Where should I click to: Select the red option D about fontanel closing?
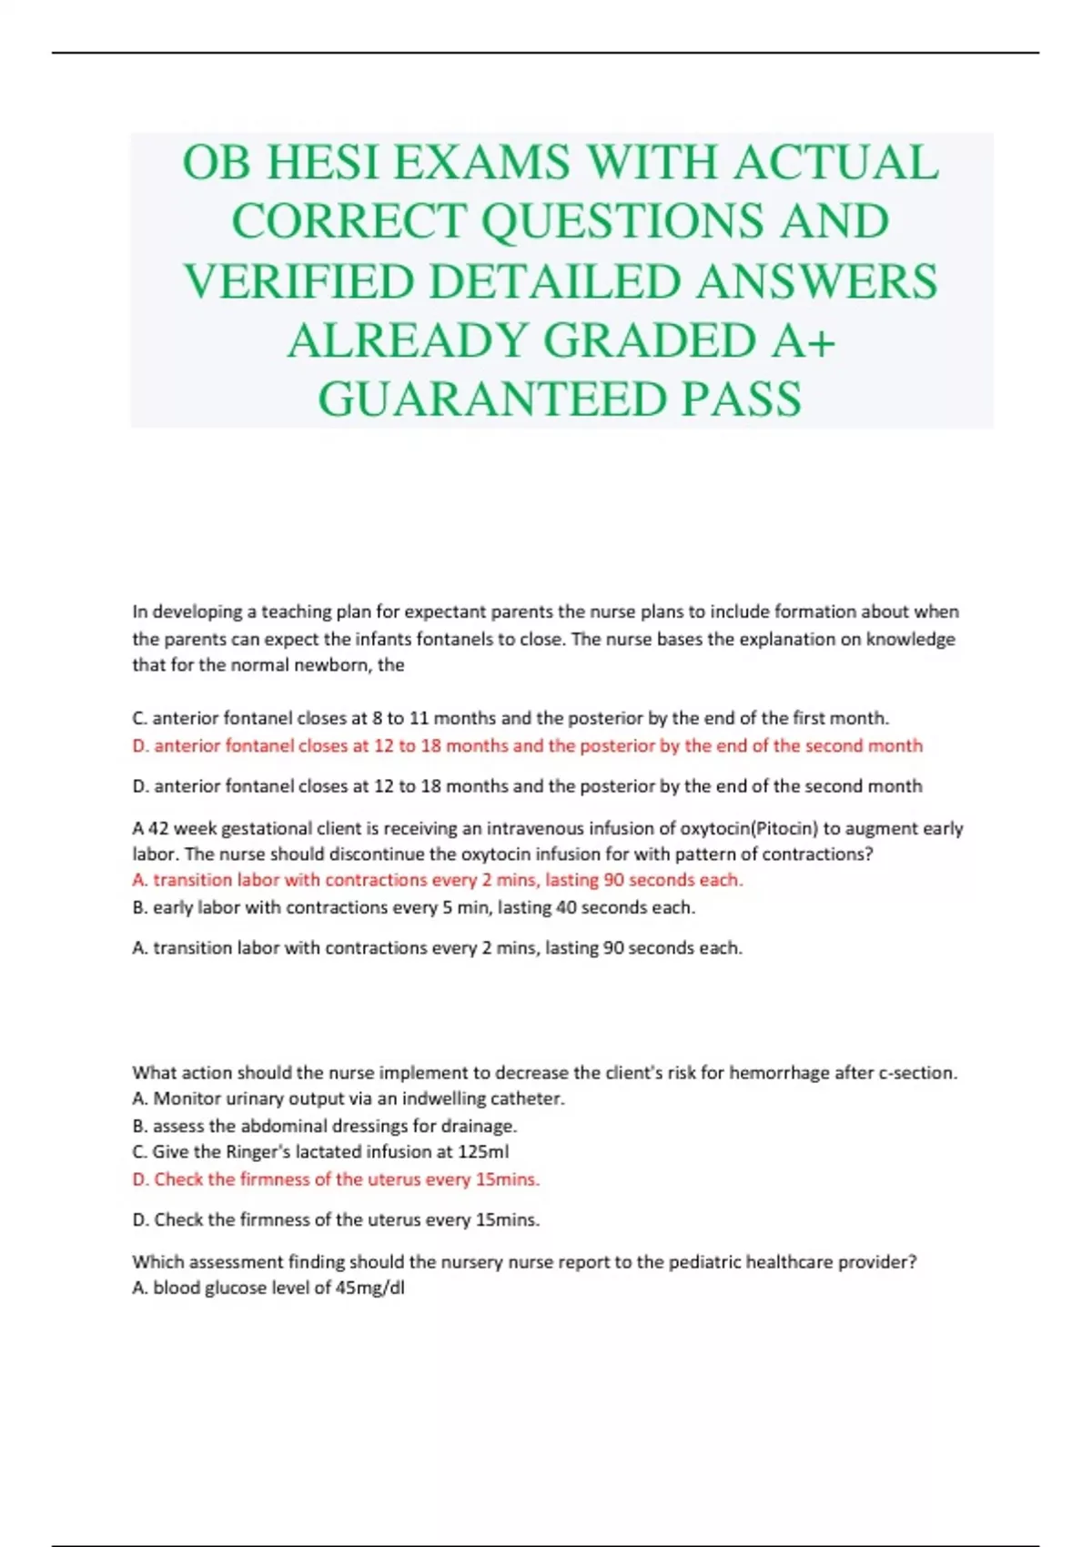527,746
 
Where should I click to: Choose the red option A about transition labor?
437,880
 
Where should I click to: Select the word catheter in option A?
526,1099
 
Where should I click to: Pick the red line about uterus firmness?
336,1180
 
